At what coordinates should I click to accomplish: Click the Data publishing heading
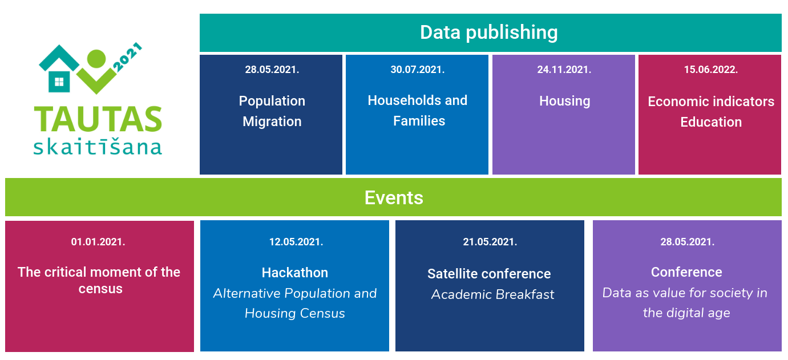488,33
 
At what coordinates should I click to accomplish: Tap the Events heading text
394,197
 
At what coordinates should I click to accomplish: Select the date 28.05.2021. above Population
272,70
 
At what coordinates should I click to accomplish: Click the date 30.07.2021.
418,70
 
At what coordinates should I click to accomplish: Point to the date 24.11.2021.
564,70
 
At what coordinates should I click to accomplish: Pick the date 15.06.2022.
710,70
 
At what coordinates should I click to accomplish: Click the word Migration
272,122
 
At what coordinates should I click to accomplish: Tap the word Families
419,121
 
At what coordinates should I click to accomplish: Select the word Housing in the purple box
565,101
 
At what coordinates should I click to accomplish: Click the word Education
711,122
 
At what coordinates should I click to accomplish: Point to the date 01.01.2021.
98,242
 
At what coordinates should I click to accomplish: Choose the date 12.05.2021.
296,242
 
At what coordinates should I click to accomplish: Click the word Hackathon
295,273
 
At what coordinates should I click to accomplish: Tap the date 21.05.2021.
490,242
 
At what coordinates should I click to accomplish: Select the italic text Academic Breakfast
492,294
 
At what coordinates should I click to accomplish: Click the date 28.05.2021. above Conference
688,242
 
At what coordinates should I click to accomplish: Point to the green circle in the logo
96,58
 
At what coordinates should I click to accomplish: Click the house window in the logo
59,82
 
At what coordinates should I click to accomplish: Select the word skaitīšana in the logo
98,146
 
